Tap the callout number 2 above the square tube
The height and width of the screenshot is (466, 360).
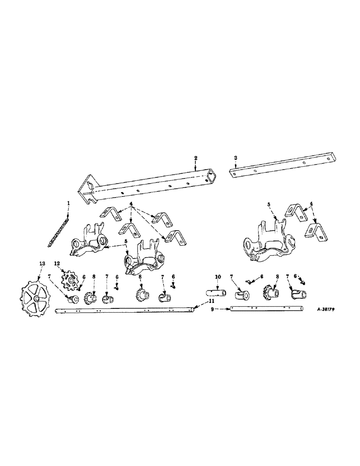click(196, 159)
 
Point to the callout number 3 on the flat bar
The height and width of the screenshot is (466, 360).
click(236, 158)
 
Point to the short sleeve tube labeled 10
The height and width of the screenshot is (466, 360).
click(215, 294)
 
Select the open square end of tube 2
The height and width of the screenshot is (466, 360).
click(212, 176)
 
